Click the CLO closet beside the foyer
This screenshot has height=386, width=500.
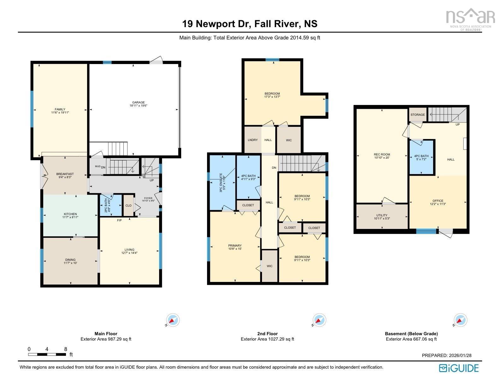coord(128,205)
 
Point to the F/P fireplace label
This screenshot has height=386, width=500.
coord(119,220)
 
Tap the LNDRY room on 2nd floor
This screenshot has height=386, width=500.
coord(253,140)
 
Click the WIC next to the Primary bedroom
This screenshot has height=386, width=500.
coord(269,266)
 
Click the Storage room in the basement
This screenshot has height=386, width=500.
coord(418,115)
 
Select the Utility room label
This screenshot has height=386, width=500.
coord(382,217)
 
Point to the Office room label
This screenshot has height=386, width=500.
coord(438,202)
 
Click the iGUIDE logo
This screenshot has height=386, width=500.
coord(459,368)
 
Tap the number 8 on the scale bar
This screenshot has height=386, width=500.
coord(66,349)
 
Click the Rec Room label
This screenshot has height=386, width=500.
coord(382,156)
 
